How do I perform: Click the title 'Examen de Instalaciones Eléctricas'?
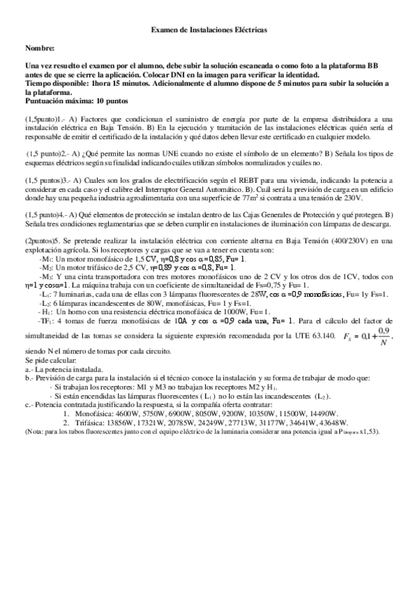click(x=209, y=31)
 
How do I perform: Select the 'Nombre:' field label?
click(x=39, y=48)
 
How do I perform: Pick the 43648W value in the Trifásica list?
click(x=328, y=422)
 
